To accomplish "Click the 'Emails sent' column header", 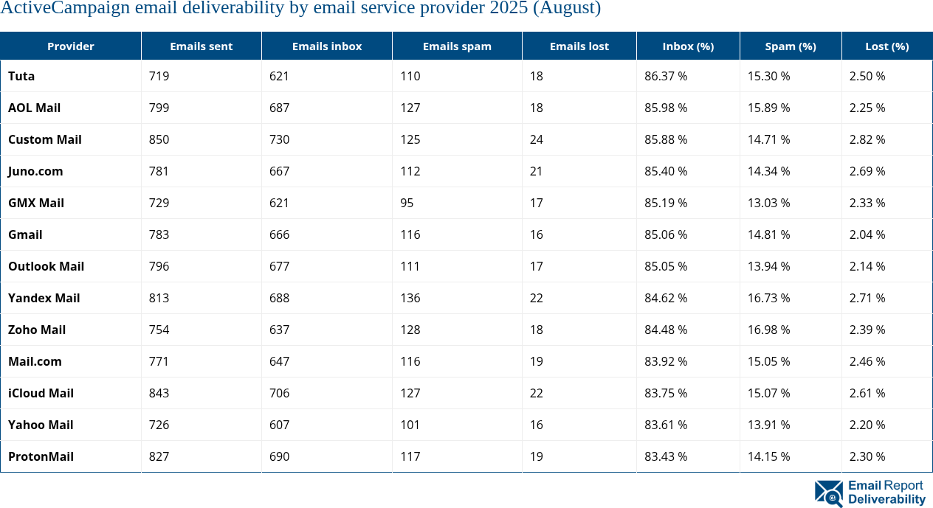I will [x=201, y=46].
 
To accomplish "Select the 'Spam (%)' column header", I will [x=791, y=46].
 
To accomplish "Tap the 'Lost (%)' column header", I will [x=886, y=46].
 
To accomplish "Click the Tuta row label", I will [x=21, y=76].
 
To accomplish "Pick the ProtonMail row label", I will [x=41, y=456].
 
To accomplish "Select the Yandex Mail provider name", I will [x=44, y=298].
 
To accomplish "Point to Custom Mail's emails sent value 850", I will [x=159, y=139].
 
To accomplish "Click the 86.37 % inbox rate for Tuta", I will [x=666, y=76].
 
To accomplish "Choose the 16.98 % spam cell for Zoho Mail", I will [x=768, y=330].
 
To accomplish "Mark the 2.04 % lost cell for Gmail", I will [x=867, y=234].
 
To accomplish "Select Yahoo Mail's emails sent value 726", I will [x=159, y=425].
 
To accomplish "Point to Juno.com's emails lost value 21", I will [x=536, y=171].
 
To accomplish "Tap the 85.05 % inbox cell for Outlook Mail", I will [x=666, y=266].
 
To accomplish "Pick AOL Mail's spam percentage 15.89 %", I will [x=768, y=108].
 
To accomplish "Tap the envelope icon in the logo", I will [x=829, y=493].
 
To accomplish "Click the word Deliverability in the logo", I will [x=886, y=500].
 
